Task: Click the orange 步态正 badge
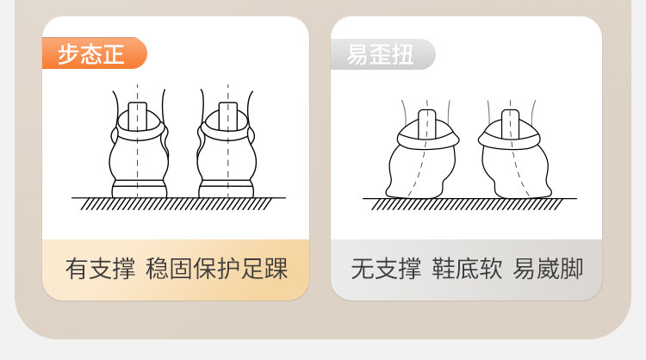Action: click(95, 53)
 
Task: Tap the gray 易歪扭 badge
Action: click(382, 54)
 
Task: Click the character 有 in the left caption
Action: click(77, 269)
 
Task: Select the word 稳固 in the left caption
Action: click(169, 269)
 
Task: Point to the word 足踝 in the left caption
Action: click(264, 269)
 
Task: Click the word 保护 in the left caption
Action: click(217, 269)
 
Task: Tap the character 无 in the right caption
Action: click(363, 269)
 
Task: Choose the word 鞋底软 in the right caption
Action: click(467, 269)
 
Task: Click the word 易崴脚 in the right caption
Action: click(548, 269)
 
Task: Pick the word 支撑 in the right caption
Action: click(399, 269)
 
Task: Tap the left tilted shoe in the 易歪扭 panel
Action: click(422, 153)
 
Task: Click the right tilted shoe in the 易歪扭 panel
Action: click(514, 153)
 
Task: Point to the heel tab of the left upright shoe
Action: click(138, 115)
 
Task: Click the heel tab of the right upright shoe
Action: click(228, 115)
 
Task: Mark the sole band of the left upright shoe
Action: click(140, 189)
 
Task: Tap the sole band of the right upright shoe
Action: click(227, 189)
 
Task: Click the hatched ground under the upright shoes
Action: click(178, 203)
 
